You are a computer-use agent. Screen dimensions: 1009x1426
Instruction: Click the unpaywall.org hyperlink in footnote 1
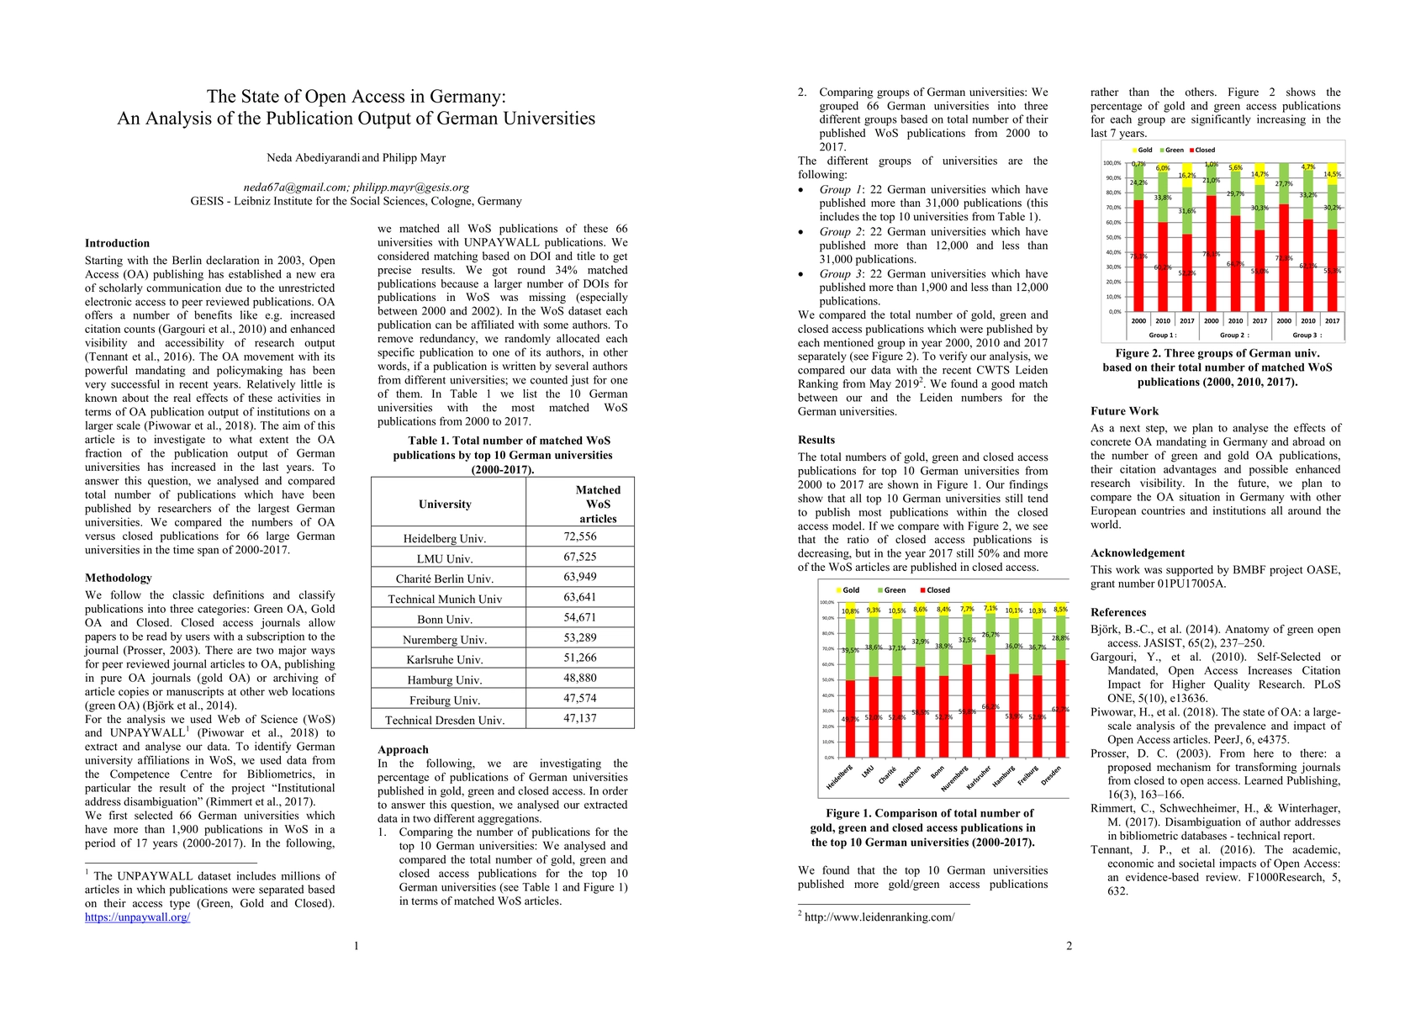137,917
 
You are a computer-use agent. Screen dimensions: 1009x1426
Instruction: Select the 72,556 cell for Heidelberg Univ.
580,536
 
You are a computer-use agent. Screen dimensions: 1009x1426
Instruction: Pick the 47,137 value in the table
580,719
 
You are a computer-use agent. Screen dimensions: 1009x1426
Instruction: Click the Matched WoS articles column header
598,504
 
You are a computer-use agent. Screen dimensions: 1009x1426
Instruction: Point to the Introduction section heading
117,244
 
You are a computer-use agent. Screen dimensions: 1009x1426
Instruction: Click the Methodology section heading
119,578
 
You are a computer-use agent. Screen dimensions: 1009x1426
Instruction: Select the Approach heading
403,750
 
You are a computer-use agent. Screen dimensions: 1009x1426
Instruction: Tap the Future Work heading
1124,411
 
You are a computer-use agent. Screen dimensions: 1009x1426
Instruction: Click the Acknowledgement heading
1138,553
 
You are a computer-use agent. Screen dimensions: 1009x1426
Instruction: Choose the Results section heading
816,440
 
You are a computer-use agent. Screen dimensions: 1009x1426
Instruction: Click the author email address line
356,188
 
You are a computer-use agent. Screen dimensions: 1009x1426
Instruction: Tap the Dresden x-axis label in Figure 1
1051,775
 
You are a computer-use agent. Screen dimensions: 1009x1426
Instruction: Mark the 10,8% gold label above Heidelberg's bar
850,611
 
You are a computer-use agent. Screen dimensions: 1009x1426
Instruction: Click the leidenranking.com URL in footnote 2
879,917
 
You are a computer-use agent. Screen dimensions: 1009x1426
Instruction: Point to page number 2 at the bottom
1069,946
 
